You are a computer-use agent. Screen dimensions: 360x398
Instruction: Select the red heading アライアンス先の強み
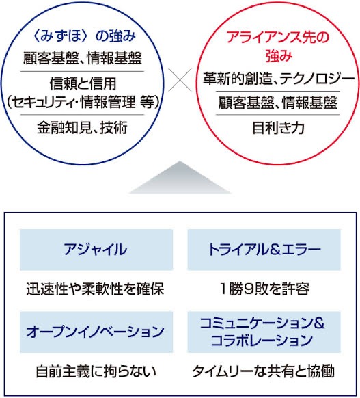[278, 47]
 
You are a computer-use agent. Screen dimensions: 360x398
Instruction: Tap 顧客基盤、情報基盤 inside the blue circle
[83, 58]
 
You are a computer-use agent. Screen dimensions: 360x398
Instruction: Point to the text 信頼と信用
[83, 83]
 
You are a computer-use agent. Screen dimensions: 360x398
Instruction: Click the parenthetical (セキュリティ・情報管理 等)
[83, 102]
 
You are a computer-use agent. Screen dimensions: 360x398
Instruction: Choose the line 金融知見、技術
[82, 127]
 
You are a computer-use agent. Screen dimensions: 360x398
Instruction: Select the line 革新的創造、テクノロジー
[278, 79]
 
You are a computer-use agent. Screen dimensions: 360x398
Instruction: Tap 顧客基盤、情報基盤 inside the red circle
[278, 103]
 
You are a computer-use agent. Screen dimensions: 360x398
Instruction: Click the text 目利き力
[278, 128]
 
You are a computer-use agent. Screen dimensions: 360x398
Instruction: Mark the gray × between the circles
[180, 80]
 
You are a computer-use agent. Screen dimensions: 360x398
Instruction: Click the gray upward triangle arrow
[180, 177]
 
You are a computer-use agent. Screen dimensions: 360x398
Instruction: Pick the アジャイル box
[96, 250]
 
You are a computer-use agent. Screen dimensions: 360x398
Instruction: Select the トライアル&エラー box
[264, 250]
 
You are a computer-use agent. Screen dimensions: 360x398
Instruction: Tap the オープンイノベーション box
[96, 332]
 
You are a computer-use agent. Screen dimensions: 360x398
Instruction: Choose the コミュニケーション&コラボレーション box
[264, 332]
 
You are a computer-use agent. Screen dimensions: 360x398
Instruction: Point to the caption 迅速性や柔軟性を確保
[96, 289]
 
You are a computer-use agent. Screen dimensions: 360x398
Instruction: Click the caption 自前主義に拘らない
[96, 371]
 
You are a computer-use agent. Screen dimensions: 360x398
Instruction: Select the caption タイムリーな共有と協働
[264, 371]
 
